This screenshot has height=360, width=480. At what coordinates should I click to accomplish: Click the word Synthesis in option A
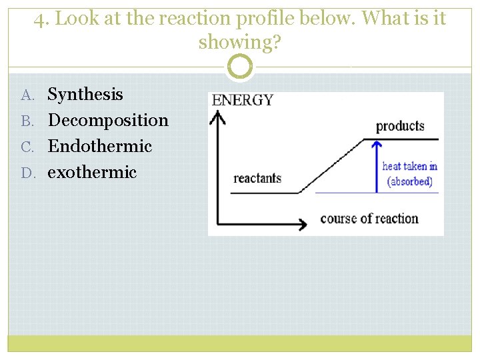coord(85,95)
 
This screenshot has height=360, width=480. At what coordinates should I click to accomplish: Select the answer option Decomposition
coord(108,121)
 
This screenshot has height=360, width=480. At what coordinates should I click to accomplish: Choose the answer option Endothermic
coord(100,146)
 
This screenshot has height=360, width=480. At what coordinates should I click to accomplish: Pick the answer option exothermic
coord(92,172)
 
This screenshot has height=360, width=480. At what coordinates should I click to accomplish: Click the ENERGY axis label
coord(243,101)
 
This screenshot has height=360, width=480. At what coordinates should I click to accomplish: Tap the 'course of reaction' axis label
coord(369,219)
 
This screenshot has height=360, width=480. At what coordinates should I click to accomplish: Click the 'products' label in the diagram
coord(400,126)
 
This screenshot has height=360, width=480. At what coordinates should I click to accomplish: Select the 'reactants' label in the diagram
coord(257,178)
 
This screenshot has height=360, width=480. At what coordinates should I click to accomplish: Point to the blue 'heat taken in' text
coord(409,166)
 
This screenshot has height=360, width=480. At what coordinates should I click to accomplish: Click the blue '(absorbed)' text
coord(410,181)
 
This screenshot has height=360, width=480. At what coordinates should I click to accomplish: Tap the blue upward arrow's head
coord(377,145)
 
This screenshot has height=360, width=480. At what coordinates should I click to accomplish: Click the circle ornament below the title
coord(240,67)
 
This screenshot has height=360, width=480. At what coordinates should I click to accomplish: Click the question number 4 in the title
coord(40,19)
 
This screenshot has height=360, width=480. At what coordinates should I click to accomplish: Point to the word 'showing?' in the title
coord(240,43)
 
